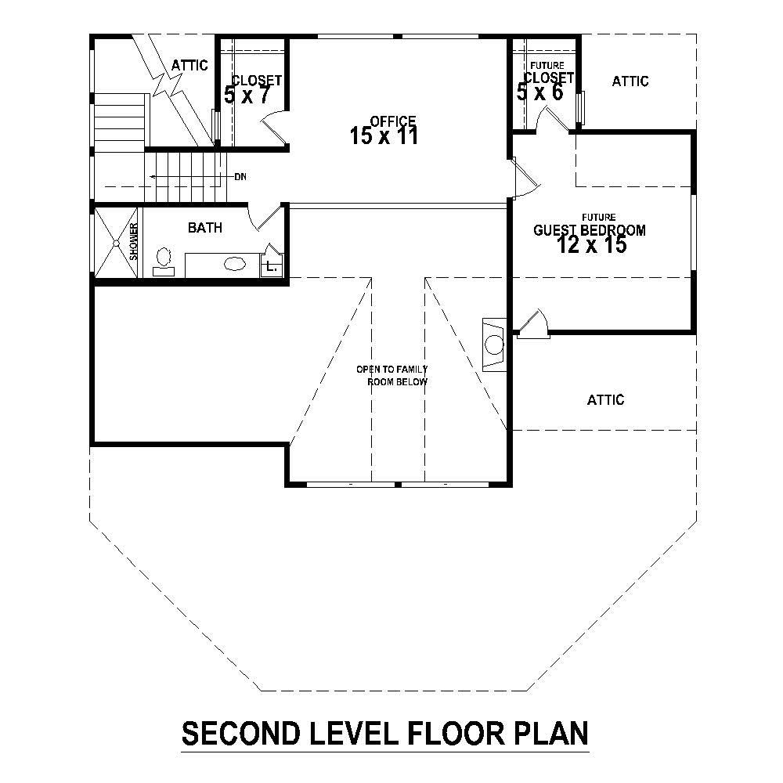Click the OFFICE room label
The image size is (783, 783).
coord(392,121)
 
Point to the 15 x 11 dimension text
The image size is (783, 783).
coord(384,136)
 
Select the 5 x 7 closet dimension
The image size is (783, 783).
coord(247,96)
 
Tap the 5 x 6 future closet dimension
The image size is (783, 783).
coord(540,92)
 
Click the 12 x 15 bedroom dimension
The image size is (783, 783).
coord(592,245)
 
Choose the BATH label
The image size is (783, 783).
coord(204,228)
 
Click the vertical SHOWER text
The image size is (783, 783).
coord(134,241)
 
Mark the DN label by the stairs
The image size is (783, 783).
coord(240,177)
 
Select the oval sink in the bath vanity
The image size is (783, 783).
coord(234,264)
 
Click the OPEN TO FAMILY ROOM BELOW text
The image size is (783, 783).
coord(392,375)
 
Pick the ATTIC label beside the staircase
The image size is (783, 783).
coord(189,65)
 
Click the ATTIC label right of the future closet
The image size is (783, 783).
coord(630,81)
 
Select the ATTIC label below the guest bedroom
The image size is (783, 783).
coord(605,400)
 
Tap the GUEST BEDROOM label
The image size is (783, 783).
coord(589,230)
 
